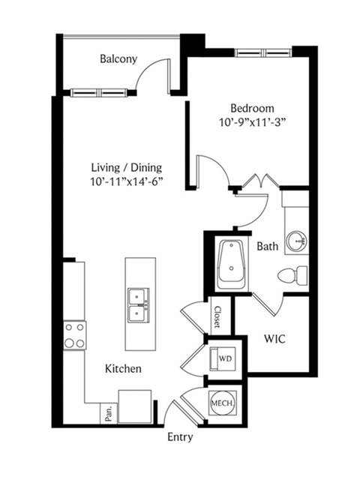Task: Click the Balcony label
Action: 118,58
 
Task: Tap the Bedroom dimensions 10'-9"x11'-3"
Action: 252,122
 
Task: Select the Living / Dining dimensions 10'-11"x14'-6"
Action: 126,181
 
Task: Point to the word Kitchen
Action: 123,368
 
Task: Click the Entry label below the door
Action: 180,437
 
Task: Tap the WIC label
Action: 274,339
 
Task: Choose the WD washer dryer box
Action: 223,358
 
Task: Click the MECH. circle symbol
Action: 223,403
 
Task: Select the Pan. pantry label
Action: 109,413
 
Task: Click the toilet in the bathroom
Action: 292,275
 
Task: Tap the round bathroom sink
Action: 296,241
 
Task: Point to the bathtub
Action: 232,265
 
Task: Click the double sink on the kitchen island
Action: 139,305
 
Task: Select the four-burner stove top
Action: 75,335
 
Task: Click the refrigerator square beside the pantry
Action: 135,406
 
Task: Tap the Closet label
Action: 217,317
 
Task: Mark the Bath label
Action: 268,246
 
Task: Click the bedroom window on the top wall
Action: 263,52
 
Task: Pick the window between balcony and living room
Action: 98,92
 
